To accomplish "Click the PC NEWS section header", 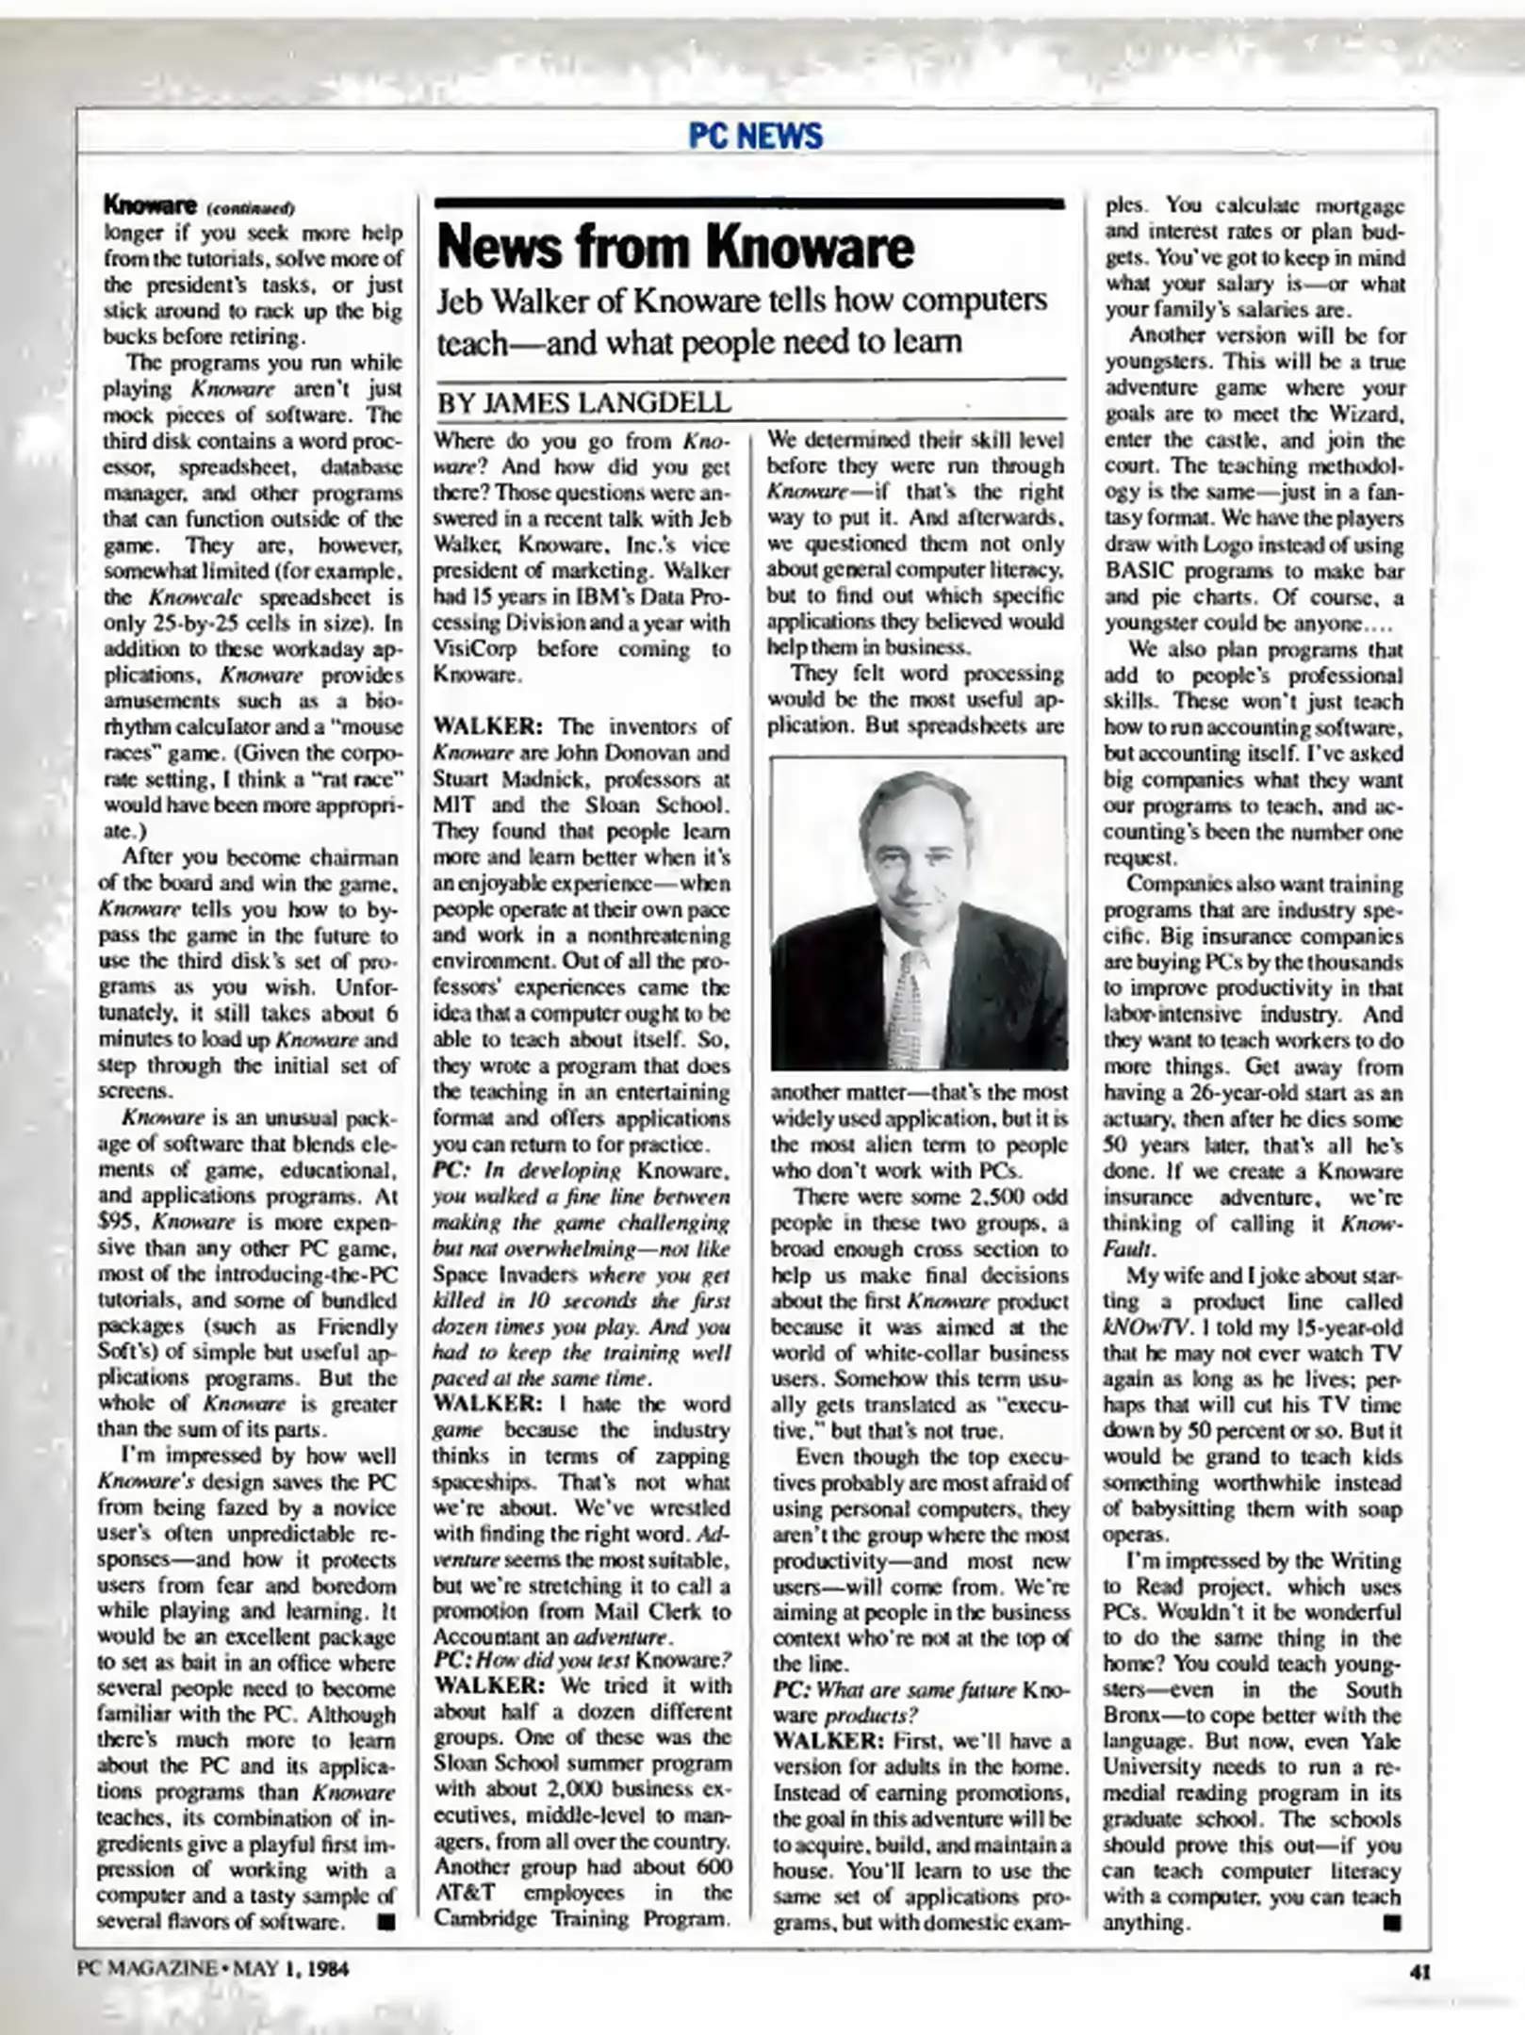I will [x=755, y=137].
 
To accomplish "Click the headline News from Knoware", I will [x=675, y=247].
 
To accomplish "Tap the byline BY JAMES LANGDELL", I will [x=582, y=403].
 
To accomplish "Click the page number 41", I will [x=1420, y=1971].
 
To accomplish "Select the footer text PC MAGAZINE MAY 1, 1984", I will [x=214, y=1969].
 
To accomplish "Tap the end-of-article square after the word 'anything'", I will [x=1392, y=1922].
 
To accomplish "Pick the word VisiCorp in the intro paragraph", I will [x=470, y=649].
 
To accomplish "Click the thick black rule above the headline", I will [x=749, y=203].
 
